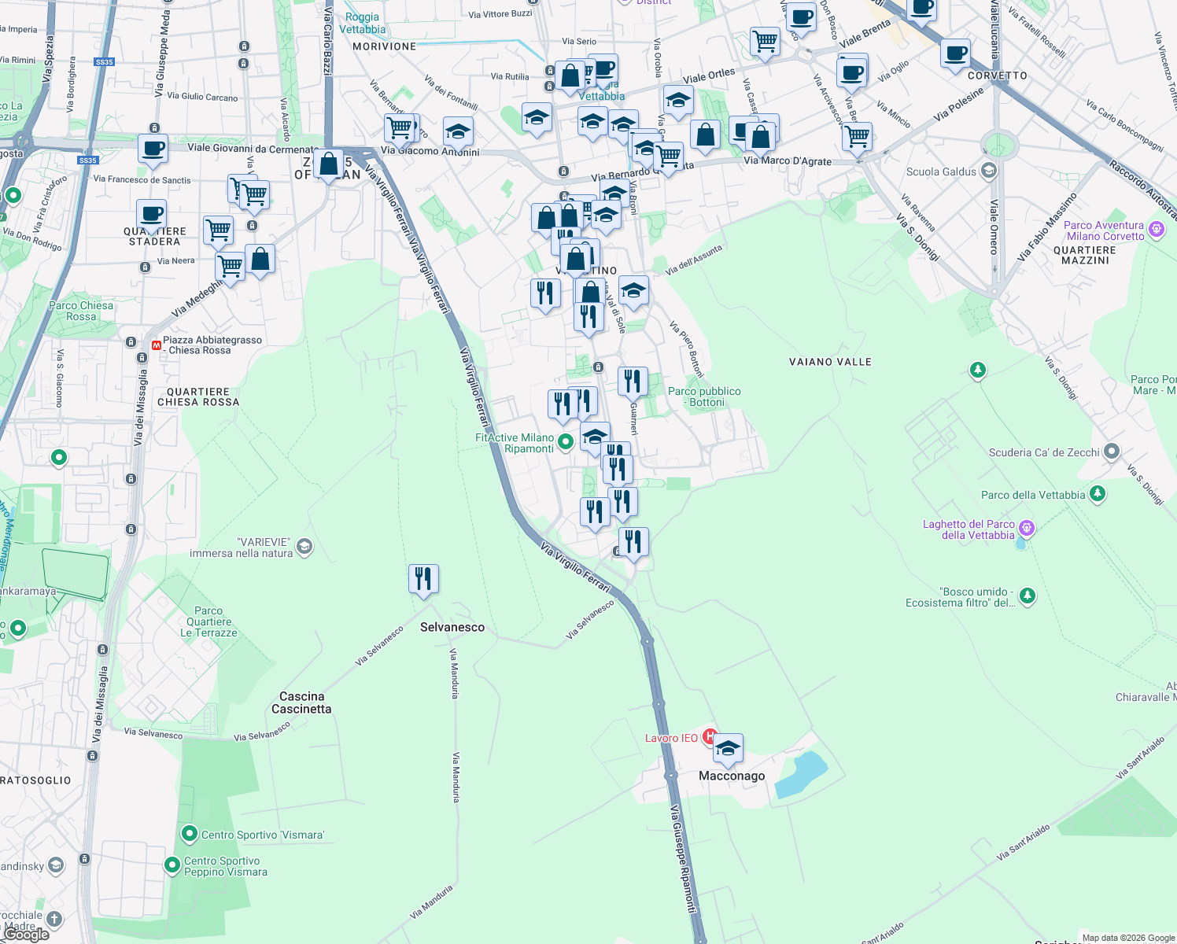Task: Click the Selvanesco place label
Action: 452,627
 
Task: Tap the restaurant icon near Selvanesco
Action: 423,579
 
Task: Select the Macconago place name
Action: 732,776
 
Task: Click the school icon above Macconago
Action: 728,749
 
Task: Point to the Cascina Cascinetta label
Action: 301,702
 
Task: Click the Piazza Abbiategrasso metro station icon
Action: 156,345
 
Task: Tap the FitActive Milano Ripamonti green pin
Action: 565,442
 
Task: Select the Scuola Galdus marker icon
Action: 989,171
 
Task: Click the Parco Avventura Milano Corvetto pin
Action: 1156,230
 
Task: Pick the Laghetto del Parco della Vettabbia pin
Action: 1026,528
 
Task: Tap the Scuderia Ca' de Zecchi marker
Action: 1111,452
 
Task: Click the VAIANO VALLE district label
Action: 830,362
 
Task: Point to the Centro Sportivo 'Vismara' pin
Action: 189,833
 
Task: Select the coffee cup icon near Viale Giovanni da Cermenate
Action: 153,148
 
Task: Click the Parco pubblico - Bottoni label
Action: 704,396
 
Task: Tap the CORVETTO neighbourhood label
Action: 998,76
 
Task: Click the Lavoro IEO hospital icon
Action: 710,736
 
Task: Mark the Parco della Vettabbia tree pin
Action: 1098,494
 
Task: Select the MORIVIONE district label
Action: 384,46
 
